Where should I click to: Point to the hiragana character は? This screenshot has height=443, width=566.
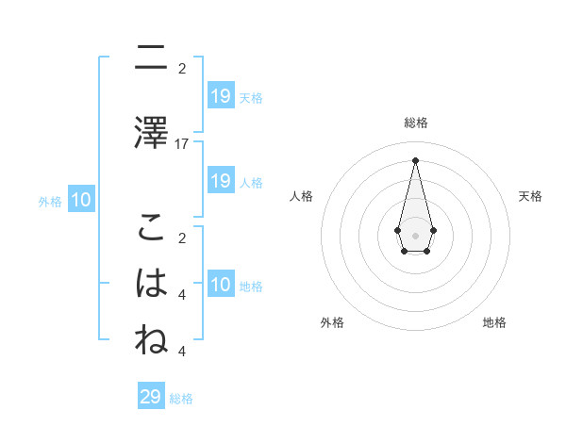pyautogui.click(x=151, y=283)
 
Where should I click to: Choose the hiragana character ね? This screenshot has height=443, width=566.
pyautogui.click(x=151, y=339)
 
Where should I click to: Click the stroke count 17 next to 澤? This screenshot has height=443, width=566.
pyautogui.click(x=182, y=144)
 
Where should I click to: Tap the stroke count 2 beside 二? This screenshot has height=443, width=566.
pyautogui.click(x=182, y=69)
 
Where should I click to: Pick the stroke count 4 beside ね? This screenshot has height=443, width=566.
pyautogui.click(x=182, y=352)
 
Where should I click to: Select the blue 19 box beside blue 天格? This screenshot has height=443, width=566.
pyautogui.click(x=220, y=96)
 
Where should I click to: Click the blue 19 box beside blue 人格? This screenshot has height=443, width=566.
pyautogui.click(x=220, y=181)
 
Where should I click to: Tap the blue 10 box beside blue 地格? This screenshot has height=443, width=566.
pyautogui.click(x=220, y=285)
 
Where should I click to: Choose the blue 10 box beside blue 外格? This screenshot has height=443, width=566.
pyautogui.click(x=81, y=200)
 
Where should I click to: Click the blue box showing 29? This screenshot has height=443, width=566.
pyautogui.click(x=151, y=397)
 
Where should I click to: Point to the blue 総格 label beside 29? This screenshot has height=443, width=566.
pyautogui.click(x=182, y=399)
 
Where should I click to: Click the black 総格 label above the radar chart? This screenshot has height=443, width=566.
pyautogui.click(x=415, y=123)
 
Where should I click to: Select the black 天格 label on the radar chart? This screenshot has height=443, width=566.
pyautogui.click(x=530, y=196)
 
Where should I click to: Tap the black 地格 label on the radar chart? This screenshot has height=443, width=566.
pyautogui.click(x=494, y=322)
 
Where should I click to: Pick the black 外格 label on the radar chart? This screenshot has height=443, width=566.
pyautogui.click(x=332, y=322)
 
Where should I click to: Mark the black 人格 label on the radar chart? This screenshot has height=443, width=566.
pyautogui.click(x=301, y=196)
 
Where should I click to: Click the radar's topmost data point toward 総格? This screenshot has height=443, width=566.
pyautogui.click(x=415, y=159)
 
